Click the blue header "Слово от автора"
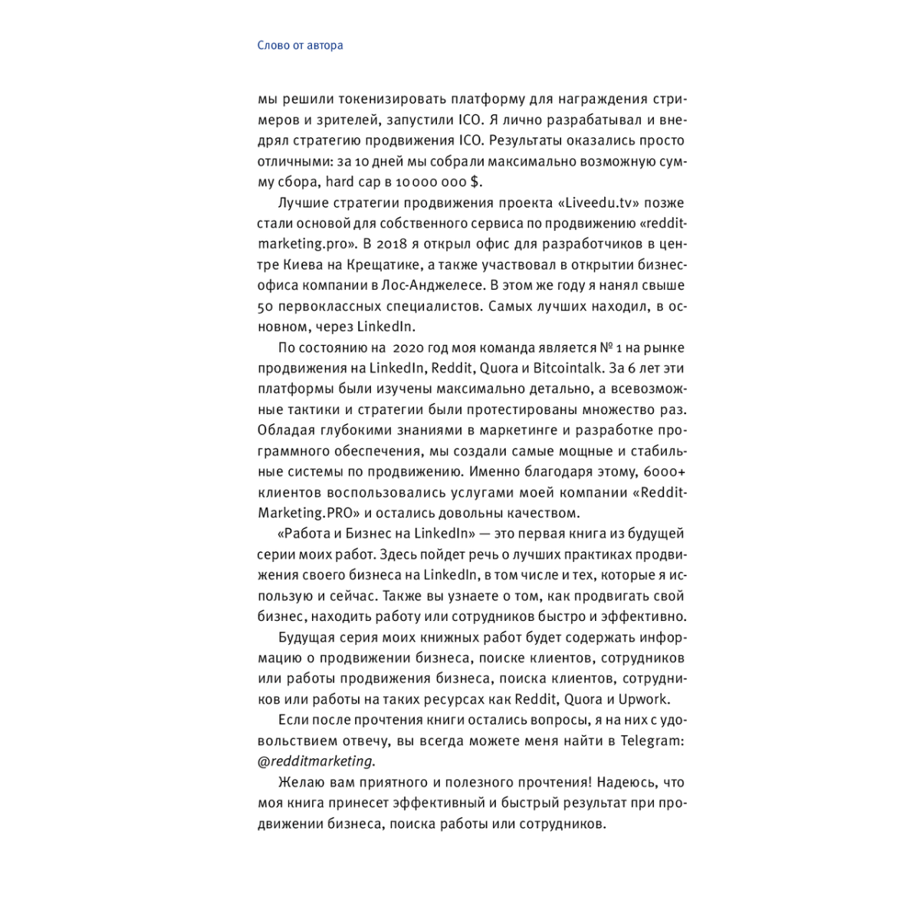(300, 45)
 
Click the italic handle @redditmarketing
(316, 761)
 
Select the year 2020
(402, 347)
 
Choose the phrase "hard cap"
(350, 182)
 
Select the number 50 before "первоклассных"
(265, 306)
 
